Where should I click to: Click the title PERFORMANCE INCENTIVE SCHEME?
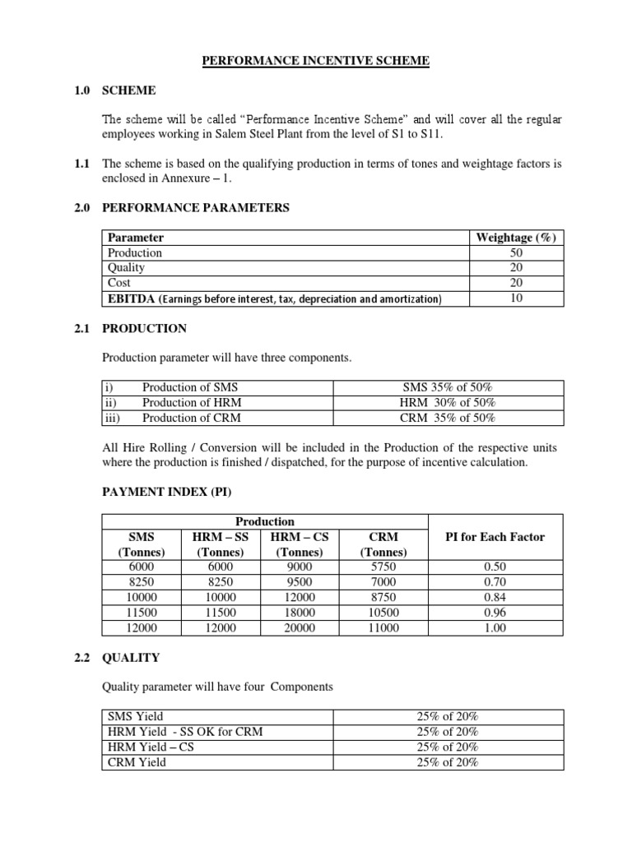click(x=316, y=61)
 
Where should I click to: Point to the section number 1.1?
click(x=81, y=164)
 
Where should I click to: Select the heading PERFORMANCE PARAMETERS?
click(x=195, y=208)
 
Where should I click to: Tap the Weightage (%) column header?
click(x=516, y=238)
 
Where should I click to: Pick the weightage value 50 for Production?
click(x=516, y=252)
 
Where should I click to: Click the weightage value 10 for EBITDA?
click(x=516, y=298)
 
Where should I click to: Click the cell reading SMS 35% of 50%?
click(x=448, y=387)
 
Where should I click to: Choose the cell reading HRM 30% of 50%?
click(x=448, y=402)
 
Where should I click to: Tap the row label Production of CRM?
click(x=192, y=417)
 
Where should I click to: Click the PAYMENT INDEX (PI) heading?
click(x=166, y=492)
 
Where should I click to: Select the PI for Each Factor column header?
click(x=495, y=537)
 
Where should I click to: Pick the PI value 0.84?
click(x=495, y=597)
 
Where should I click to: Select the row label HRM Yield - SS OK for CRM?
click(x=185, y=732)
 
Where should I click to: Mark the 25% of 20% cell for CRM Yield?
click(x=448, y=761)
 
